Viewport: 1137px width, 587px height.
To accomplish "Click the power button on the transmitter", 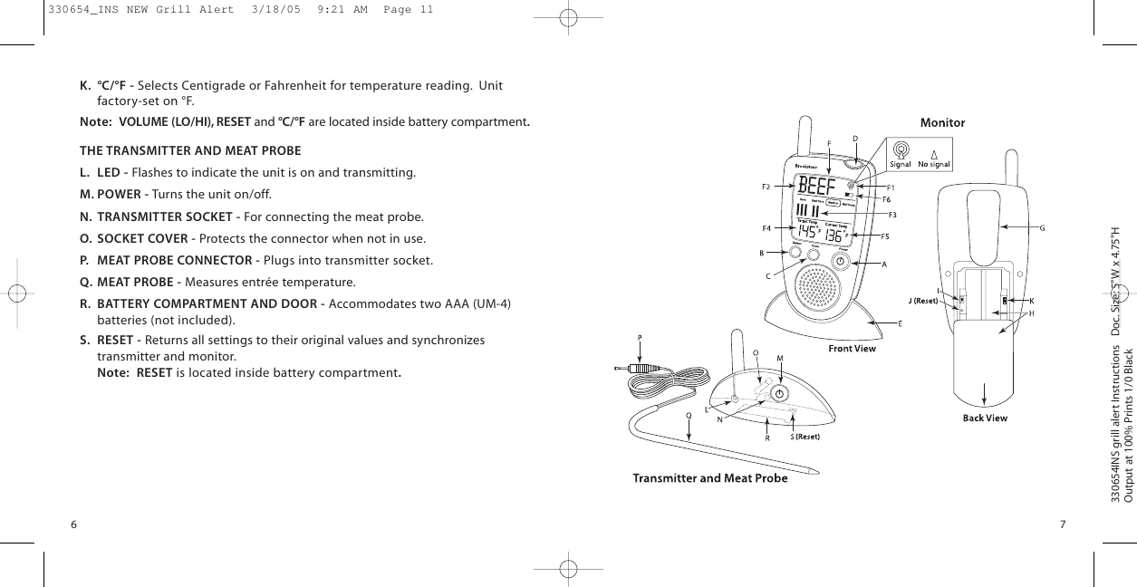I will coord(780,392).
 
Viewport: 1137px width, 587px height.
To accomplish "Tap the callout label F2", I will coord(766,188).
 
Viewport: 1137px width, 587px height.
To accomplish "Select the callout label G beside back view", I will coord(1042,227).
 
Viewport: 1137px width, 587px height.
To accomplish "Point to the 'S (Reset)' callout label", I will coord(805,437).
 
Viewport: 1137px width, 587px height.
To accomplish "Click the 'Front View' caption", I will coord(853,348).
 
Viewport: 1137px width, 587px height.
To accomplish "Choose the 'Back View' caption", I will coord(984,418).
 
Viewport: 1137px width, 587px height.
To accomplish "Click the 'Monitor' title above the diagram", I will coord(942,122).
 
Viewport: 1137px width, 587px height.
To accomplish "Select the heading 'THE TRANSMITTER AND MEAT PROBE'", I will coord(190,149).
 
